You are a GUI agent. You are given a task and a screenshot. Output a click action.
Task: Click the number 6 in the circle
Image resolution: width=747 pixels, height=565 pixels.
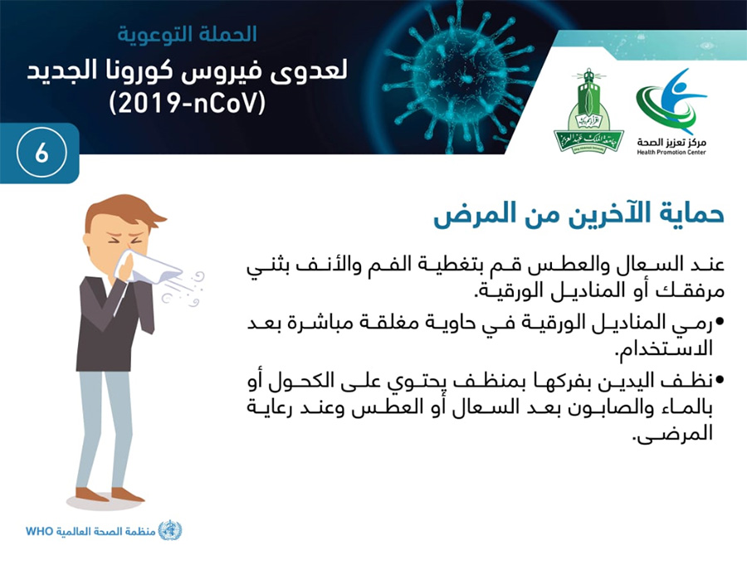coord(41,153)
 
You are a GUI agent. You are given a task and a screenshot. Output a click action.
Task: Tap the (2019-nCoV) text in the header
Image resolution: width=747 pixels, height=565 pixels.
coord(187,104)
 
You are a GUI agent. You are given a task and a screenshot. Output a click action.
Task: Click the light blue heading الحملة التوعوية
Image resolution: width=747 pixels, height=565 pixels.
coord(188,34)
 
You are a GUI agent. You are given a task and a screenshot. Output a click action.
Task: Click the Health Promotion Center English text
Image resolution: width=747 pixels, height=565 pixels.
coord(671,153)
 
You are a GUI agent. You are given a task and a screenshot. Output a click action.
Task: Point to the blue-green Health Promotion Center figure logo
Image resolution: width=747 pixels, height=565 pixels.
coord(671,101)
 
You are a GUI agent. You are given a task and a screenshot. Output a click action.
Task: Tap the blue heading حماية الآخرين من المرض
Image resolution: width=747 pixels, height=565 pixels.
coord(579,214)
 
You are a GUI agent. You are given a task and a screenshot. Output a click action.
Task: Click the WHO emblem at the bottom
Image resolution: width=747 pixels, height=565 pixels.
coord(170,530)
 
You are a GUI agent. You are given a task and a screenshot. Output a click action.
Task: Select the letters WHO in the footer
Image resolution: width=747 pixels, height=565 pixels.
coord(39,531)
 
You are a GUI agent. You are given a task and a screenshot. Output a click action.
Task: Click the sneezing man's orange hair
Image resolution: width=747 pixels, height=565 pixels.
coord(124,211)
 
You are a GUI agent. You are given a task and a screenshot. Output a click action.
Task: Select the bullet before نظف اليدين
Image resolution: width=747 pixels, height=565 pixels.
coord(720,380)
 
